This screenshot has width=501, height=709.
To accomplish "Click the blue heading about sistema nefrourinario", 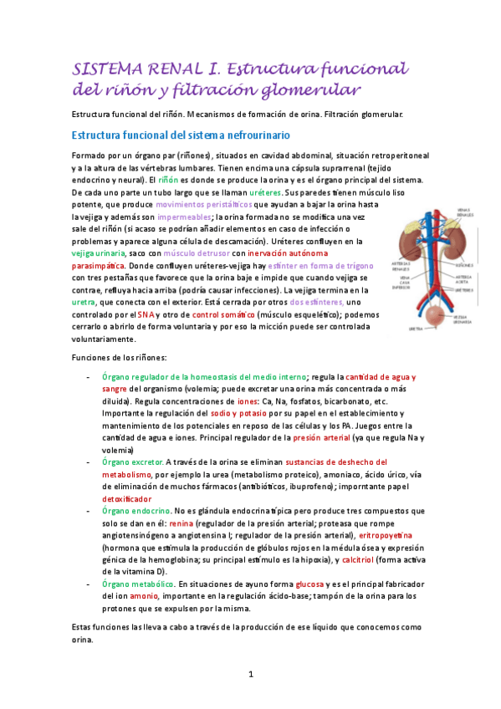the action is pyautogui.click(x=181, y=135).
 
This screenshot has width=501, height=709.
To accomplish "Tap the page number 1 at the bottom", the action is pyautogui.click(x=250, y=674).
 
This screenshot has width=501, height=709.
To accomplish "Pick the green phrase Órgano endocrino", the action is pyautogui.click(x=135, y=510).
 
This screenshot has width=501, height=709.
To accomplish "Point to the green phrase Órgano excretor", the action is pyautogui.click(x=132, y=462).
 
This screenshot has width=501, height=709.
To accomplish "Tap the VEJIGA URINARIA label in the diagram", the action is pyautogui.click(x=461, y=319).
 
